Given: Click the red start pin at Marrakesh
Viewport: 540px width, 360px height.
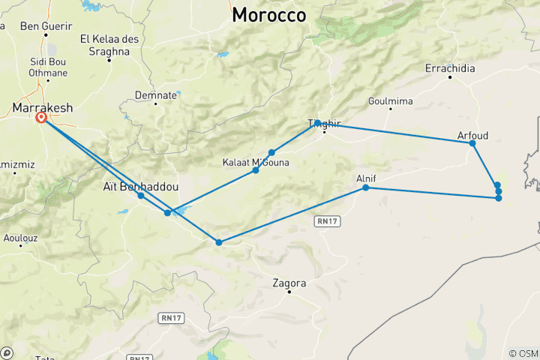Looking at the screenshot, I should coord(42,117).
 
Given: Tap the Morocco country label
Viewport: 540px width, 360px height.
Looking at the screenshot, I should coord(269,15).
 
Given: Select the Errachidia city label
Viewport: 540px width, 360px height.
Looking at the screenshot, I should coord(450,68).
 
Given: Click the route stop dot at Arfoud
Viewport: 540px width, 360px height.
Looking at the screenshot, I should coord(472,142).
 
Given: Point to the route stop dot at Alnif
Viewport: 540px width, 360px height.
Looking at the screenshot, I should coord(366,187).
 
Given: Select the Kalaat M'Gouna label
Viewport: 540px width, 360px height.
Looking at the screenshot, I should coord(256,161).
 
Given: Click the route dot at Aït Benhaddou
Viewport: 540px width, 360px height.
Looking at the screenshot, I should coord(141,196).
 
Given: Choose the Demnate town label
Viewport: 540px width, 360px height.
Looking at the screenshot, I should coord(156,95).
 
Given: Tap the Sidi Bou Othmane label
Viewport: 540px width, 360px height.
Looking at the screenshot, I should coord(48,67).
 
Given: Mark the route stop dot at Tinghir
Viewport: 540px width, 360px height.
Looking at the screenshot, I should coord(318,122).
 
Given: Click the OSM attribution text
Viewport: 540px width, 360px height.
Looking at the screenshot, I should coord(523,353).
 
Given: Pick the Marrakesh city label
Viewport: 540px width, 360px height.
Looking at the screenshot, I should coord(43,108).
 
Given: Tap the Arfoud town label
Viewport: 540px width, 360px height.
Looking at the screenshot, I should coord(472,135).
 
